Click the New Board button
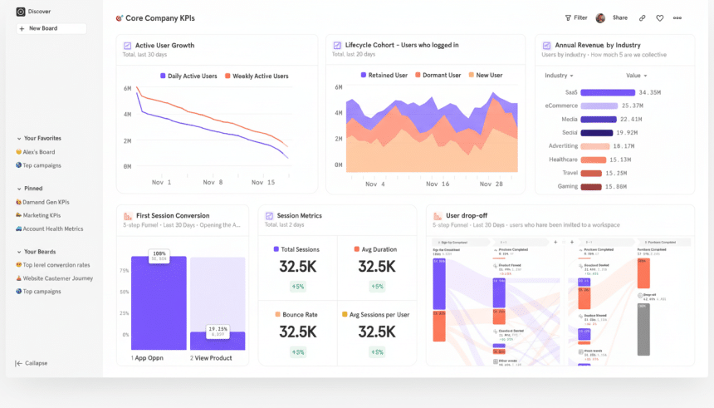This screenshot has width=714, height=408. point(51,28)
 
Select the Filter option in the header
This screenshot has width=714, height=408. point(576,17)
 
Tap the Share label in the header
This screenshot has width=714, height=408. point(620,17)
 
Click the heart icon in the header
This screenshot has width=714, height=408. point(660,17)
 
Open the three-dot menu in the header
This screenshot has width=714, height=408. point(677,17)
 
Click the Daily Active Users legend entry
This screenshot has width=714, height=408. point(188,76)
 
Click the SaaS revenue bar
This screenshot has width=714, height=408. point(608,92)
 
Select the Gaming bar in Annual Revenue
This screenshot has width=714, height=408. point(591,186)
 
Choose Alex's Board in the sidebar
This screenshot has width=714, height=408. point(37,152)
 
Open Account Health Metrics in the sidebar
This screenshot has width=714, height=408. point(52,229)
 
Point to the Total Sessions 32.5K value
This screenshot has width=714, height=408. point(297,267)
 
